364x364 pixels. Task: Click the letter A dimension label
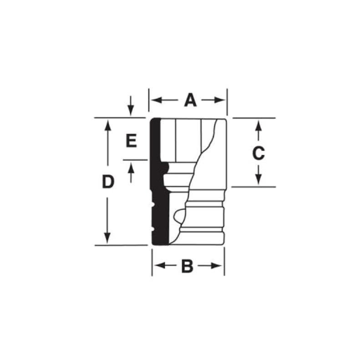click(x=190, y=100)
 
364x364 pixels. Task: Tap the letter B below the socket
click(x=187, y=266)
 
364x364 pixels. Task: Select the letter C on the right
click(x=258, y=153)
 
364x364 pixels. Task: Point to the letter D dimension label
click(x=107, y=182)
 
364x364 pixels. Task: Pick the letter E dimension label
click(x=131, y=141)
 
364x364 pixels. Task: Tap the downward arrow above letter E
click(x=131, y=111)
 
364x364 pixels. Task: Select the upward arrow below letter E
click(x=131, y=167)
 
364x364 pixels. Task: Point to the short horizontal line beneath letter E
click(x=135, y=160)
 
